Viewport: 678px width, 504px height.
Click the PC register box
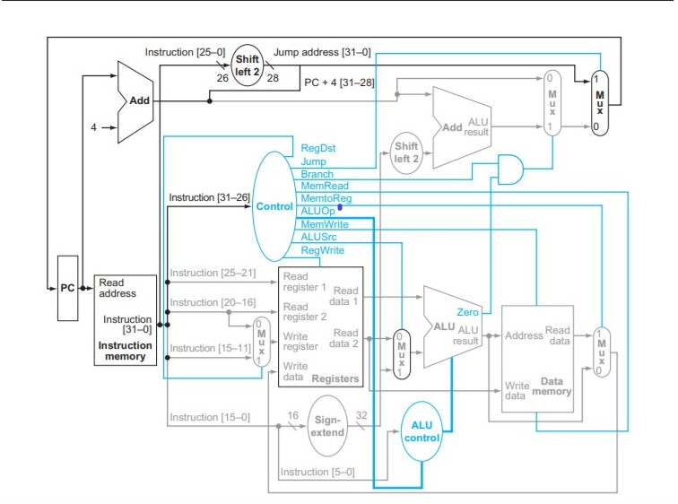(x=68, y=289)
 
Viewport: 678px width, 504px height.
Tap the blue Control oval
(x=274, y=206)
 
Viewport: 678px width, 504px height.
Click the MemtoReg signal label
(x=326, y=198)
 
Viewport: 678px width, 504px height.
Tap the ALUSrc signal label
(x=319, y=237)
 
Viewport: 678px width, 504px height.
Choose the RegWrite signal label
(x=322, y=250)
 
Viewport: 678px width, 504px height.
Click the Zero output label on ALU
(x=466, y=312)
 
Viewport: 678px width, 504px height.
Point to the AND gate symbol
(x=510, y=169)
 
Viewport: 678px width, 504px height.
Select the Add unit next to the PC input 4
(x=135, y=101)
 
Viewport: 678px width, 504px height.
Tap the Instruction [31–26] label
(x=209, y=196)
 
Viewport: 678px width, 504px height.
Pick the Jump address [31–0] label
(x=321, y=53)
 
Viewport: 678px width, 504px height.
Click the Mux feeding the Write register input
(x=260, y=342)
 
